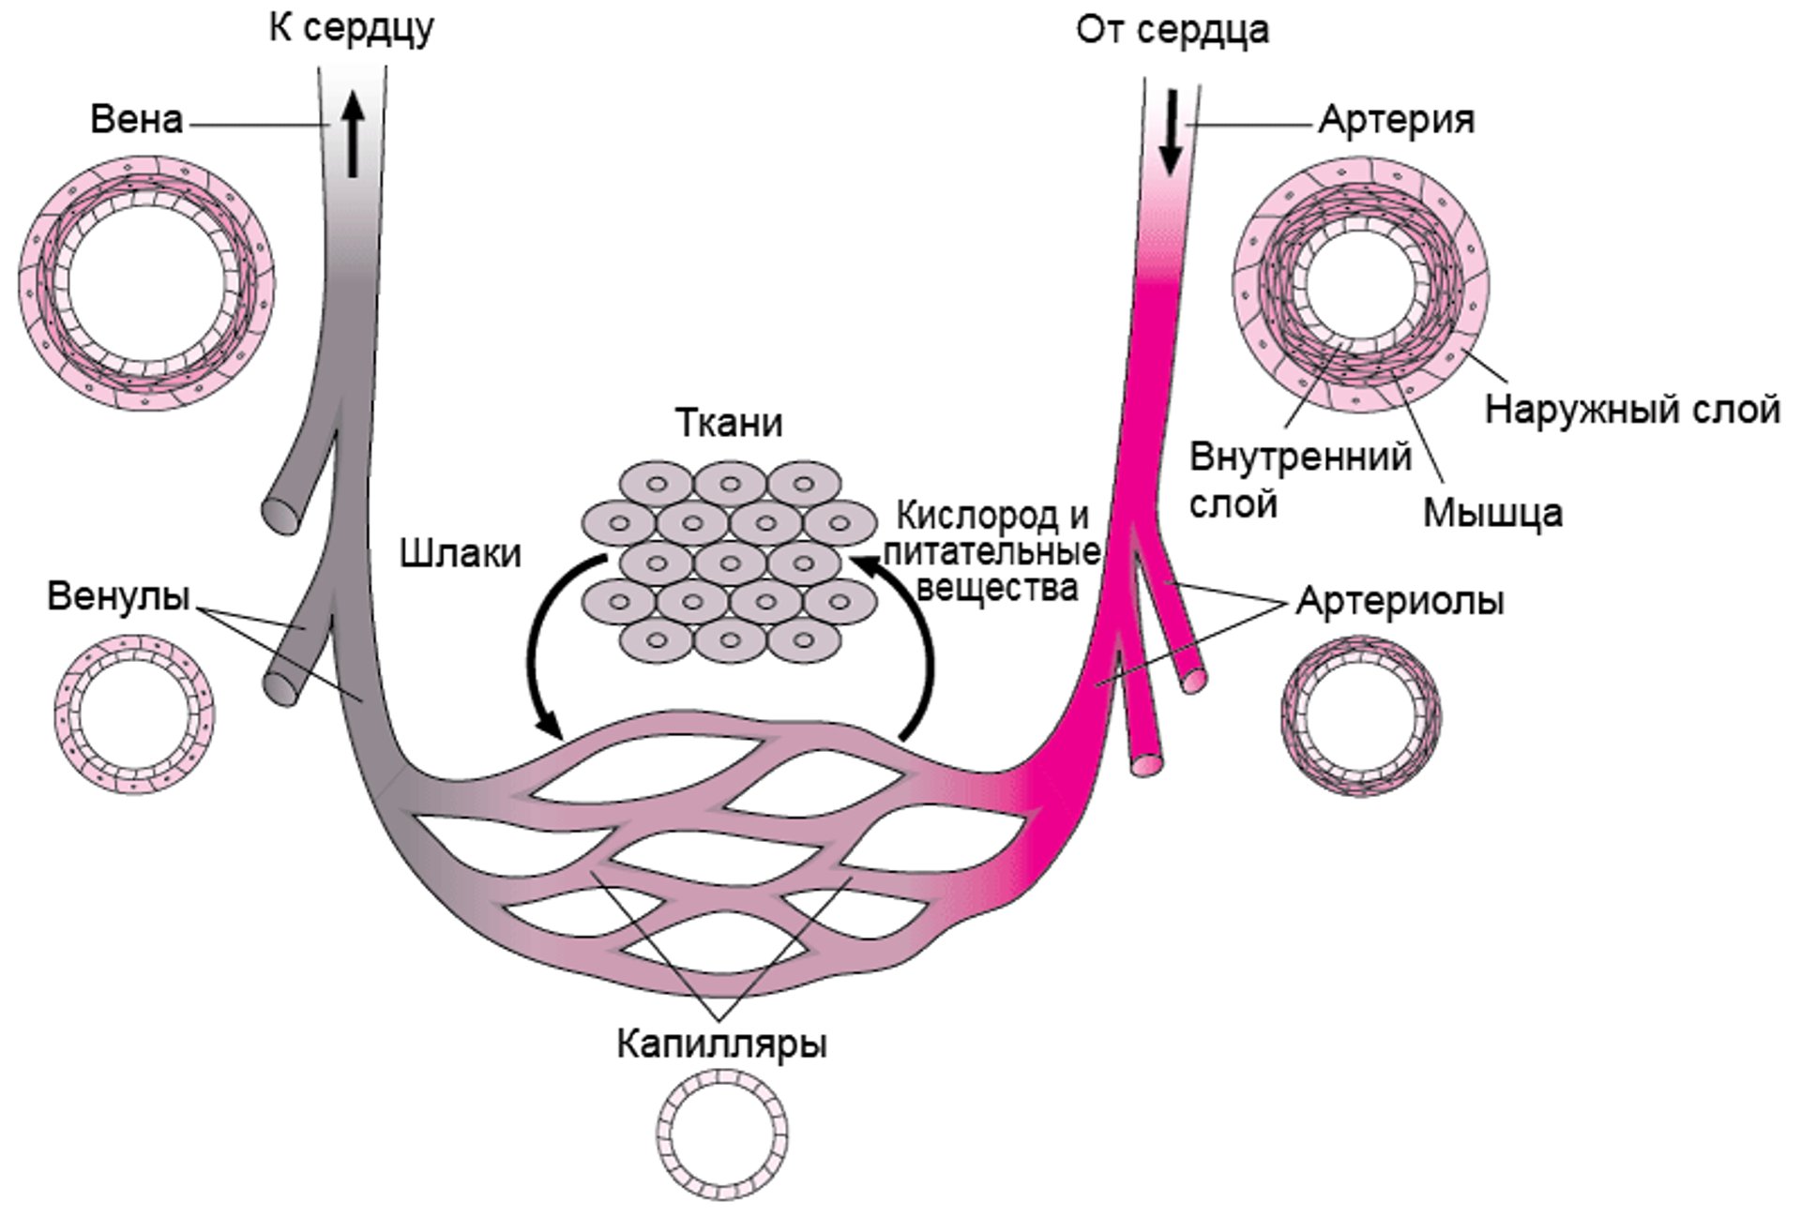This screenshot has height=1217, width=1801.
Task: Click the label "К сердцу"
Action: point(352,28)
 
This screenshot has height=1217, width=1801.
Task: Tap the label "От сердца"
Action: point(1172,30)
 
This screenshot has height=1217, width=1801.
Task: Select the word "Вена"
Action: point(136,120)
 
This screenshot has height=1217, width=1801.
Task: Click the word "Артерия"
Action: point(1396,120)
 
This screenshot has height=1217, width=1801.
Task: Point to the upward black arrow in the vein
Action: point(353,135)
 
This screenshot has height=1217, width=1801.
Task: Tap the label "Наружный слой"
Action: point(1632,410)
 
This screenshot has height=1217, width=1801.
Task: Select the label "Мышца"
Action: point(1492,513)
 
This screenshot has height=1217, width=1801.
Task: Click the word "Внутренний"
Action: point(1300,458)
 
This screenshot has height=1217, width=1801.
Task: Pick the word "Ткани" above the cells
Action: point(729,424)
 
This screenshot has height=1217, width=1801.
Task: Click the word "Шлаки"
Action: point(460,553)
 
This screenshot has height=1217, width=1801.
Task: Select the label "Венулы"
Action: point(118,596)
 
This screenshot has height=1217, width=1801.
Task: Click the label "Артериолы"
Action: point(1400,601)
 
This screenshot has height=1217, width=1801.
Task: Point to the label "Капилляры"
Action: point(721,1044)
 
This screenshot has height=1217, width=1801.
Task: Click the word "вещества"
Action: point(996,589)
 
